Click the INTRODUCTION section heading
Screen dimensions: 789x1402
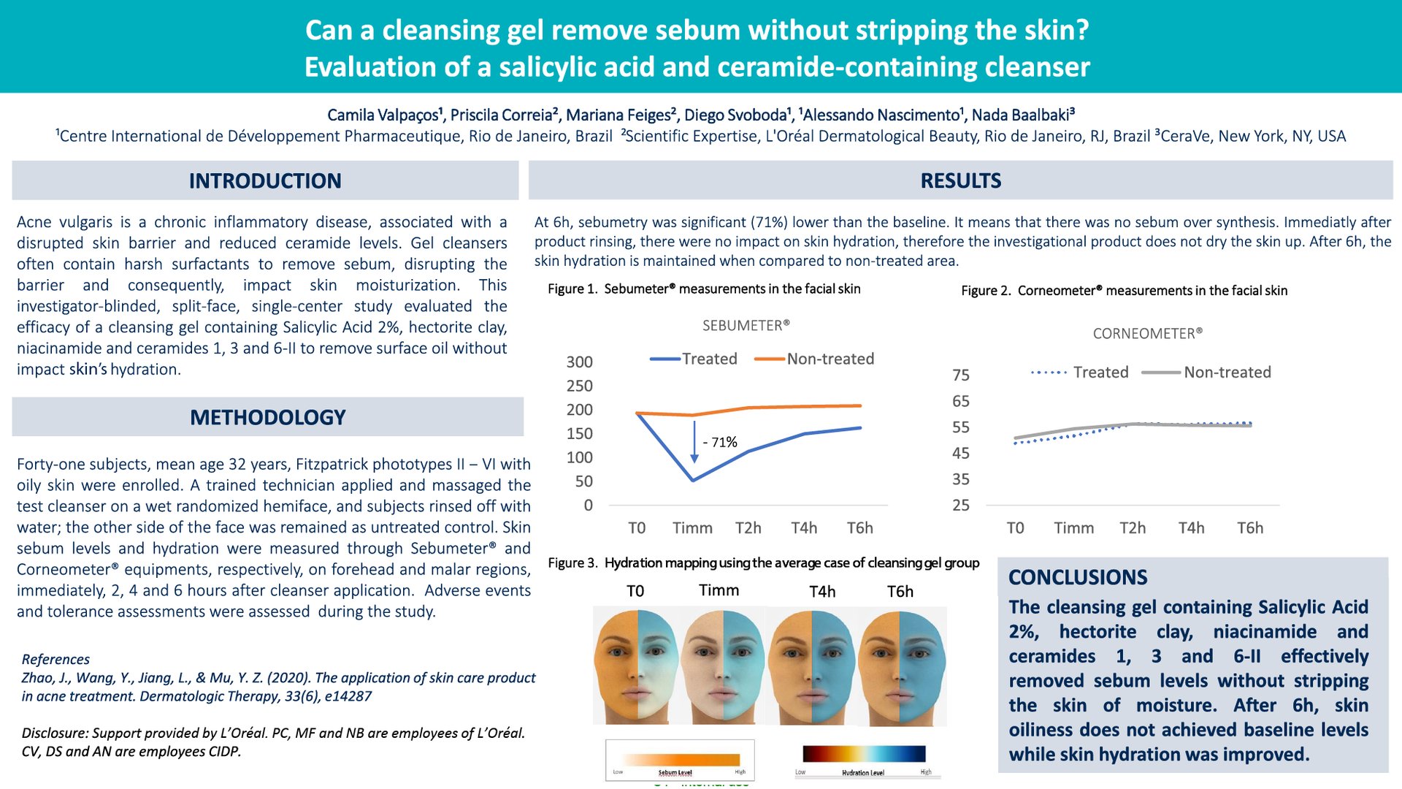(x=265, y=180)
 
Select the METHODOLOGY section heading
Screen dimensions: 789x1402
(x=267, y=417)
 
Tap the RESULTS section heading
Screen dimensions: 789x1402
(x=960, y=180)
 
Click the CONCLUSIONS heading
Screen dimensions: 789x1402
(x=1078, y=577)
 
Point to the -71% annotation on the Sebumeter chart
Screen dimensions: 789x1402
(x=719, y=442)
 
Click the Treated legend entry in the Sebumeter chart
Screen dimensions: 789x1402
(x=694, y=359)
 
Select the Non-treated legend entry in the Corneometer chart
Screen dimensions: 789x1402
(x=1206, y=372)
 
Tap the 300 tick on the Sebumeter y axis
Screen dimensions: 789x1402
(x=579, y=362)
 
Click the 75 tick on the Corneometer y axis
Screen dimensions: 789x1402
(x=961, y=375)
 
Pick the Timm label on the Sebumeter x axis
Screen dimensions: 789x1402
(x=692, y=527)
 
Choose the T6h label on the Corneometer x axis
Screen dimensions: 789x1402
(x=1249, y=527)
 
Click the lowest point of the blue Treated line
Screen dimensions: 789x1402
(x=693, y=480)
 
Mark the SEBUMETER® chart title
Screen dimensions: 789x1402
(x=746, y=325)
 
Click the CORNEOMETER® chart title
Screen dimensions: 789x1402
(x=1147, y=333)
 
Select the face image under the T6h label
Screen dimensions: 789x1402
(x=903, y=665)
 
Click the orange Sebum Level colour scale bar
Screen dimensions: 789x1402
(x=680, y=759)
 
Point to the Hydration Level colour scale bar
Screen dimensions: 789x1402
(x=864, y=754)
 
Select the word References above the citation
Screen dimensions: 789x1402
(x=55, y=659)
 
